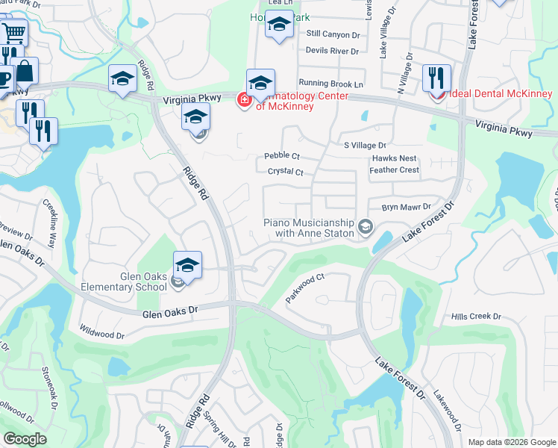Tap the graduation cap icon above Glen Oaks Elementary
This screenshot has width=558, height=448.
click(x=188, y=265)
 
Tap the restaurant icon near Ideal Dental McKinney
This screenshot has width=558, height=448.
click(x=436, y=78)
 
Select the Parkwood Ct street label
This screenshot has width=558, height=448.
click(x=306, y=288)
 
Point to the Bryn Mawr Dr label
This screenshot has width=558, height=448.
click(x=407, y=207)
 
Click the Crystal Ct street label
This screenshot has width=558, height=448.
click(x=285, y=172)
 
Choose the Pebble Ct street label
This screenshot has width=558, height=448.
click(x=282, y=157)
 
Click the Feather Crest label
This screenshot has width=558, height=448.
click(x=394, y=170)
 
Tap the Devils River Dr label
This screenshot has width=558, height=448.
click(x=333, y=51)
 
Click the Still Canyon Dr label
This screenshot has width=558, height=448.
click(x=333, y=34)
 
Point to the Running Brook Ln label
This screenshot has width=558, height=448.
click(x=330, y=83)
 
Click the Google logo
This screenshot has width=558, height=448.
click(x=25, y=438)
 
